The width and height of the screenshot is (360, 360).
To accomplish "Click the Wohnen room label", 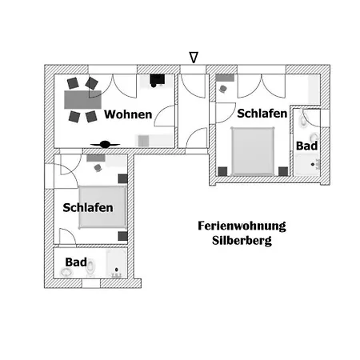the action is [x=128, y=114].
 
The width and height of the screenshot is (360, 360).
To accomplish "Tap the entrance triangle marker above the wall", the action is [x=194, y=58].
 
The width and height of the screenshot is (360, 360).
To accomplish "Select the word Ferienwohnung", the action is [x=242, y=226].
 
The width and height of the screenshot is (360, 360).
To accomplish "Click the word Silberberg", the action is [x=242, y=241].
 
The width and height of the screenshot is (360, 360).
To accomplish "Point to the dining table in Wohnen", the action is [x=82, y=100].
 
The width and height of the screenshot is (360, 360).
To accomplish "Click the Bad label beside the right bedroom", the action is [x=306, y=146].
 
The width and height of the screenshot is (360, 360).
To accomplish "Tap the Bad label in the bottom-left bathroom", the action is [x=76, y=262].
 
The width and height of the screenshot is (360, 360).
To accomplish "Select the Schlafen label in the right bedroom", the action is [x=262, y=114].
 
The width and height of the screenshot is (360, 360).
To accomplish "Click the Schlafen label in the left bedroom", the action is [x=88, y=208].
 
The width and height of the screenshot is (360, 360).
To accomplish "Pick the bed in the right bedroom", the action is [x=253, y=151].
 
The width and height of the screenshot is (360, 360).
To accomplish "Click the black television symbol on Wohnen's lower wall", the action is [x=105, y=145].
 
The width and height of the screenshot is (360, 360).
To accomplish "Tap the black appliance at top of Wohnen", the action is [x=157, y=80].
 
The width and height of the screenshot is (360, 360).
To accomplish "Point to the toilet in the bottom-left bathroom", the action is [x=90, y=267].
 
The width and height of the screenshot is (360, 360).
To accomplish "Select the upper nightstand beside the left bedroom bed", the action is [x=122, y=178].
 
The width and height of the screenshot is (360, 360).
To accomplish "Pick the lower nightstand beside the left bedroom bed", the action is [x=122, y=236].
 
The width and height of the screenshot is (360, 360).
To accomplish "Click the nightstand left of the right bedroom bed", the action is [x=222, y=171].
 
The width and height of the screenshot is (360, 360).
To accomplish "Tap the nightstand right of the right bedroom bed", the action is [x=283, y=171].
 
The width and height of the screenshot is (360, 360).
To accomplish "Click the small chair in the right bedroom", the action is [x=223, y=89].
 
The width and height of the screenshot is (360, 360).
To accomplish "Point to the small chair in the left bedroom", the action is [x=98, y=168].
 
